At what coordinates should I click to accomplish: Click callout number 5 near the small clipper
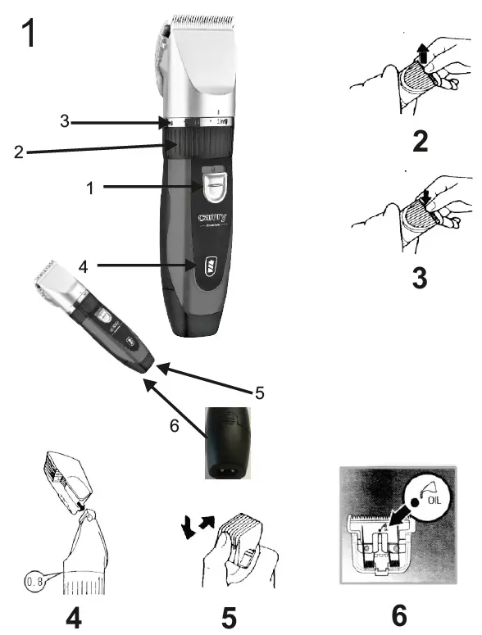[x=259, y=392]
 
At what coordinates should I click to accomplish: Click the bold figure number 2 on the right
[x=420, y=142]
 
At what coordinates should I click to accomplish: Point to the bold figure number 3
[x=420, y=276]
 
